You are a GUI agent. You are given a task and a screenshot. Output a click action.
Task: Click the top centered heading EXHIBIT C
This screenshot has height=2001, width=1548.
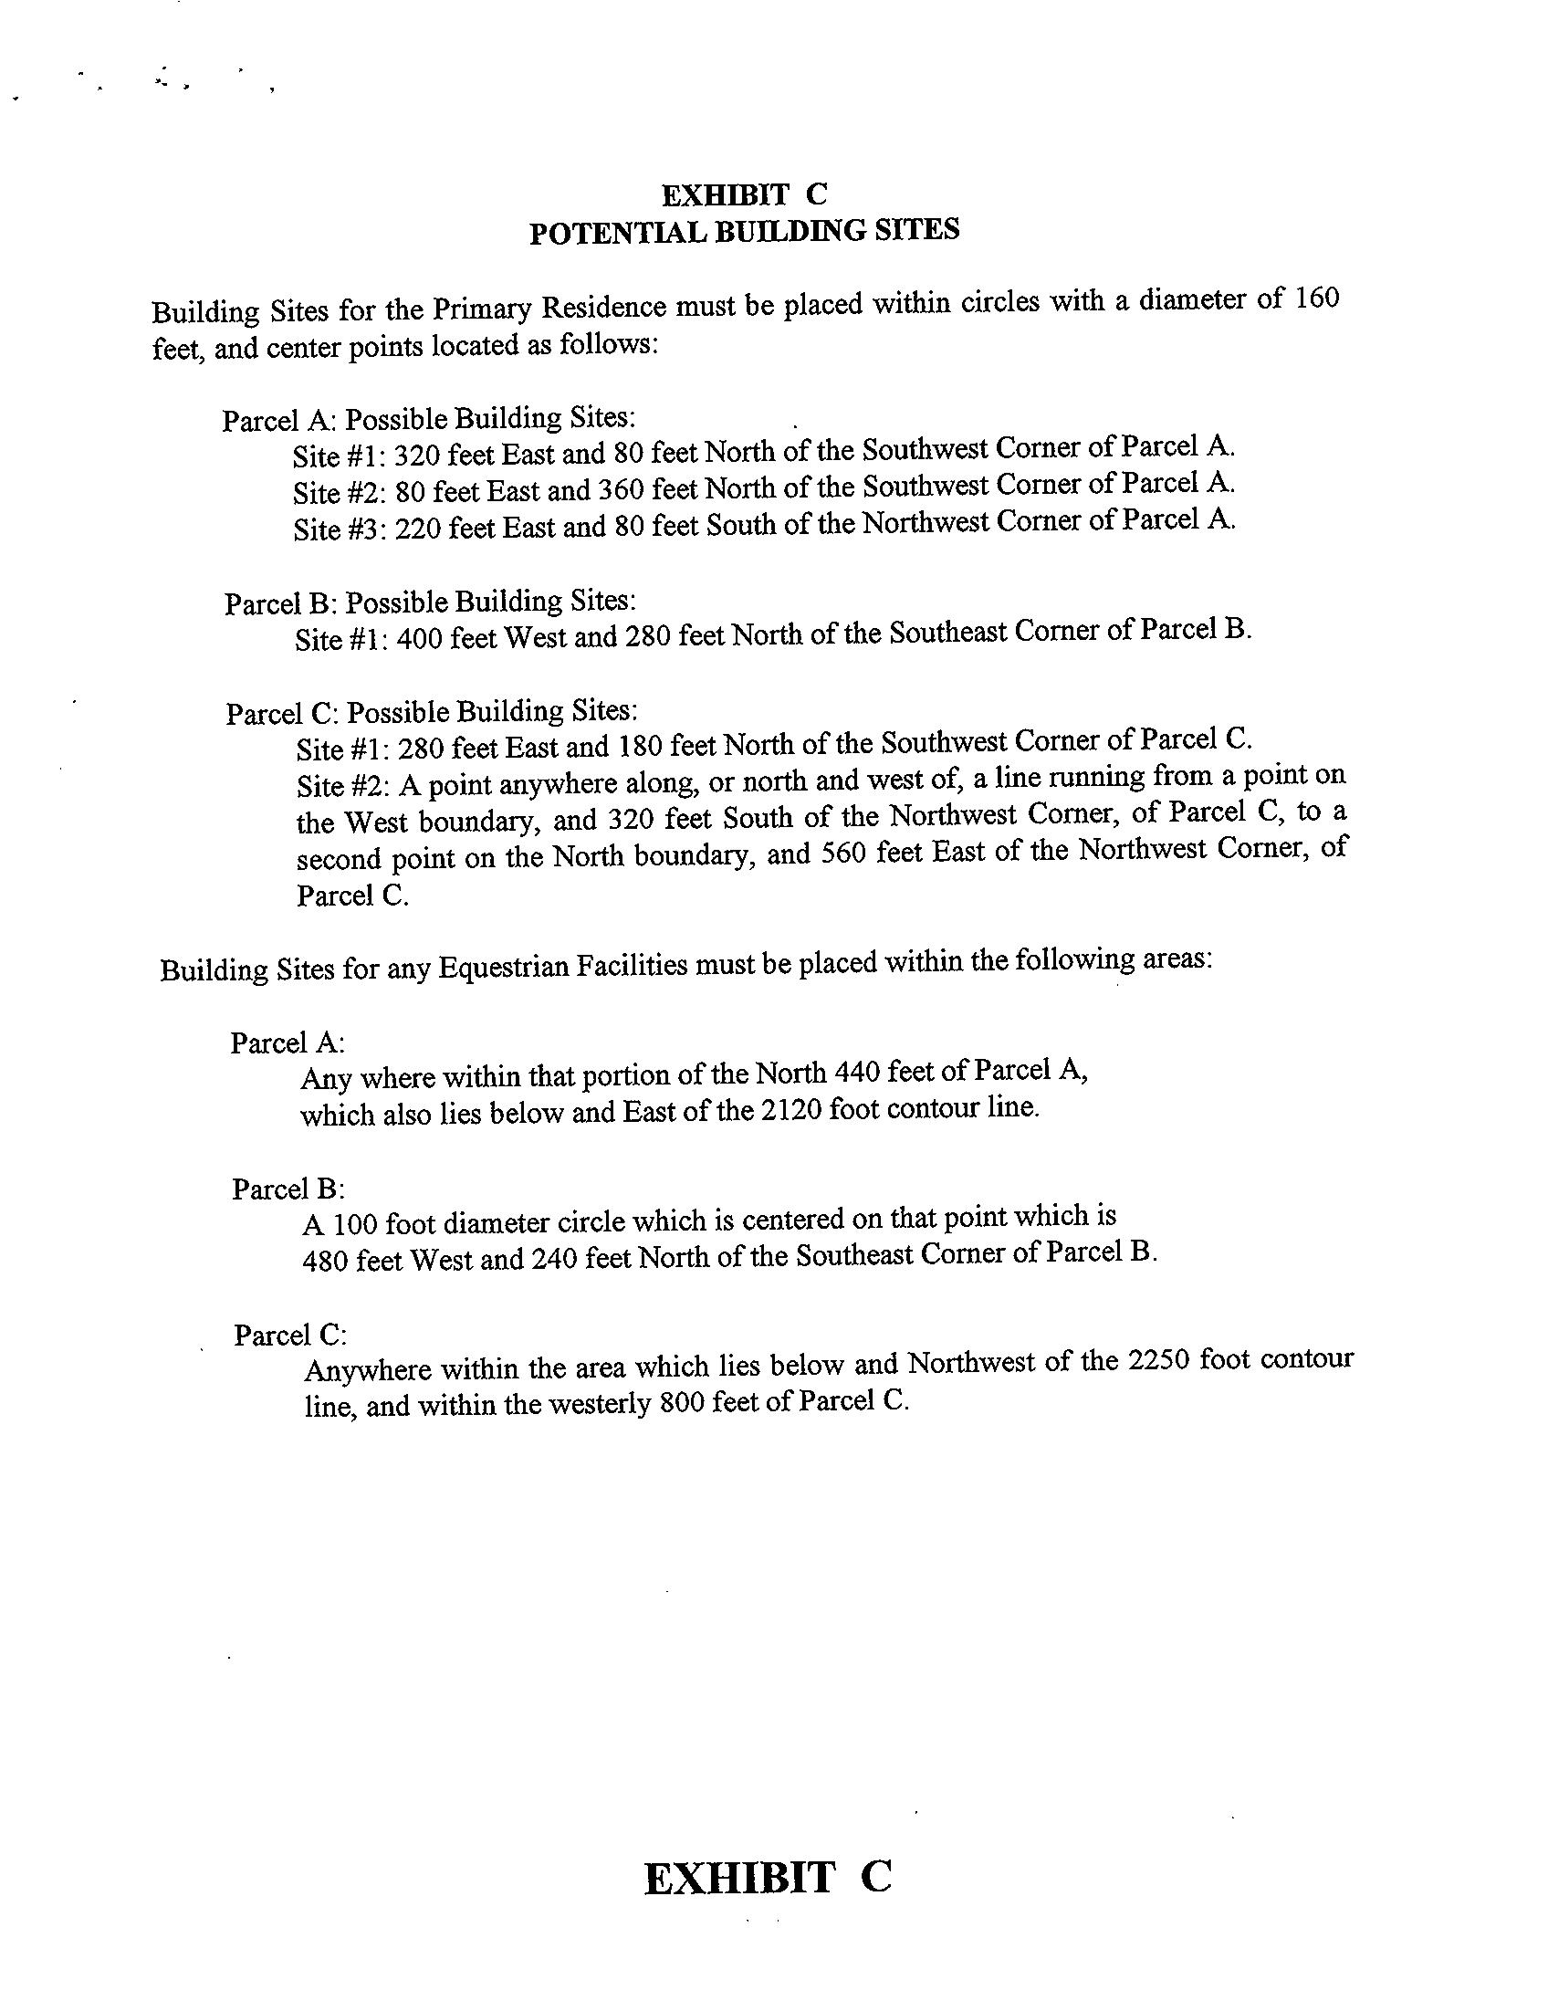pos(744,194)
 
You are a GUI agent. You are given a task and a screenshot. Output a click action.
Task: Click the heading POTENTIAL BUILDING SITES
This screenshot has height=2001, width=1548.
pos(744,231)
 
